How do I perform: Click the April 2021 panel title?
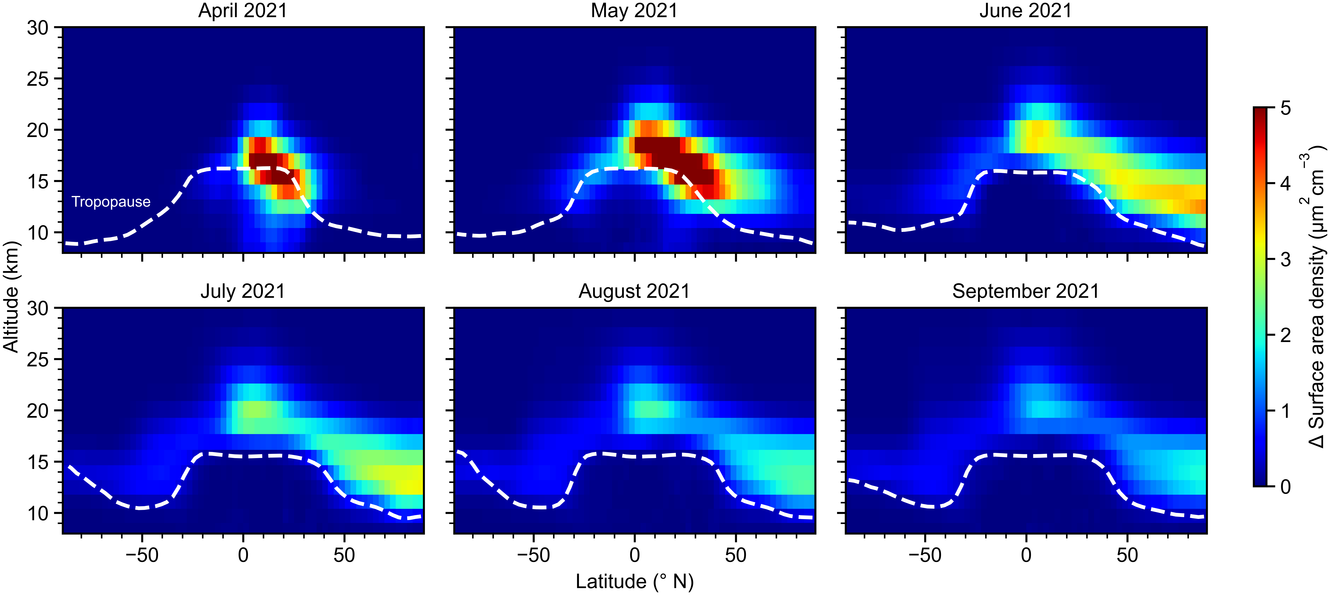pos(243,11)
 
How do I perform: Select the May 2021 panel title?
pos(634,11)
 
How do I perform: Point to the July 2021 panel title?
pos(243,291)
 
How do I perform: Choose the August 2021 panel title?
pos(634,291)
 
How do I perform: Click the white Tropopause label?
pos(111,202)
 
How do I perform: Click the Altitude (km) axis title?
pos(11,297)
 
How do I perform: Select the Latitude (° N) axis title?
pos(635,582)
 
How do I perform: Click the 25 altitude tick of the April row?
pos(38,79)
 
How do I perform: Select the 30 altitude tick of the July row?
pos(38,308)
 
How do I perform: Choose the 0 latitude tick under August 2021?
pos(635,555)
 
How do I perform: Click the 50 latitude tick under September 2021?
pos(1127,555)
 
